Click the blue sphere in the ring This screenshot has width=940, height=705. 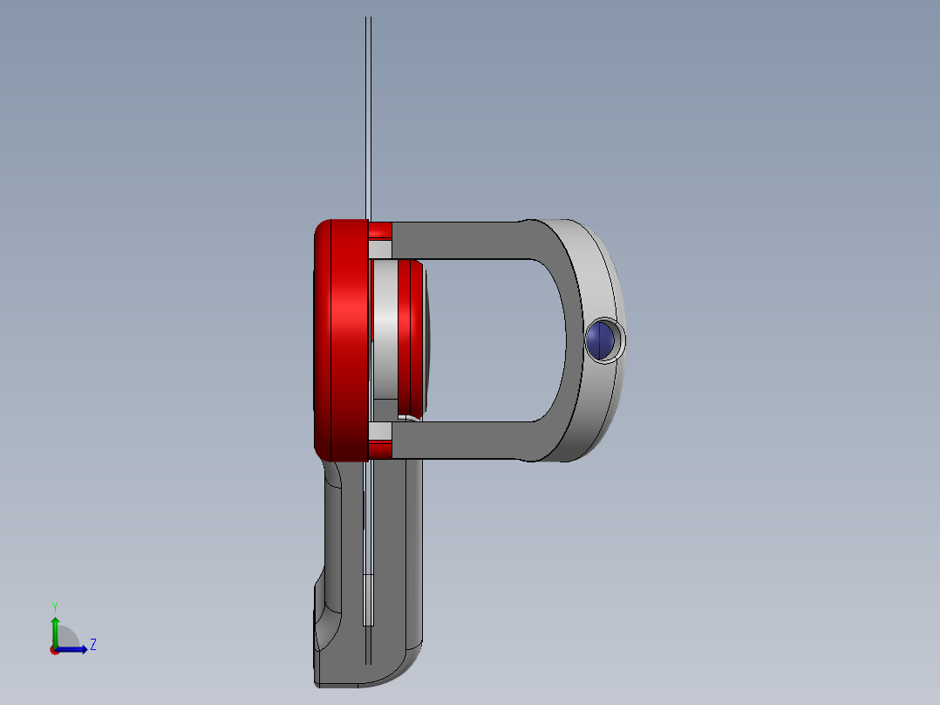tap(602, 340)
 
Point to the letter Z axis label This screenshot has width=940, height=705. tap(92, 645)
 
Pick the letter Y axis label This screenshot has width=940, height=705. tap(55, 606)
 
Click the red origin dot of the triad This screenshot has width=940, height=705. tap(55, 649)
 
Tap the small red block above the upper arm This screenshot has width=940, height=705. tap(380, 230)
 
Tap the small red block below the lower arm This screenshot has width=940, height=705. tap(380, 450)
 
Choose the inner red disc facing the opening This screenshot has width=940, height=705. tap(406, 336)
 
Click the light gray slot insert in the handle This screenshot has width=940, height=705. tap(367, 599)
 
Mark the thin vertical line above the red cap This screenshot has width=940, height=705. tap(368, 113)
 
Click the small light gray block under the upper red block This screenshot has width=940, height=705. tap(380, 250)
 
